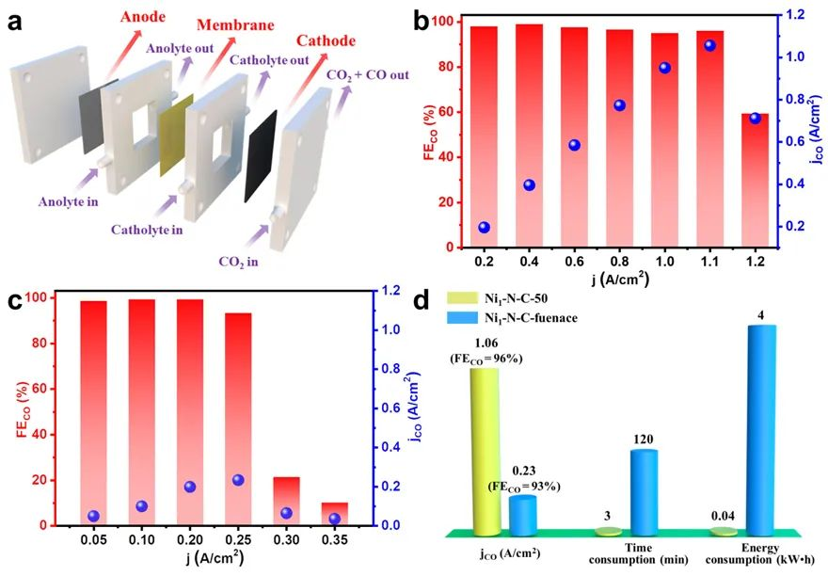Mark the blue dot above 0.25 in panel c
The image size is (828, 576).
(238, 480)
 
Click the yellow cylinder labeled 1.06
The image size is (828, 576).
(484, 447)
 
